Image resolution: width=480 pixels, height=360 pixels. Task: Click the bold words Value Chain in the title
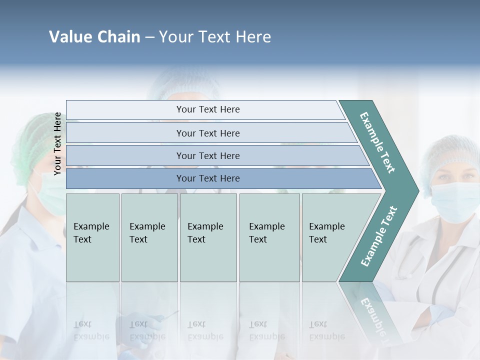point(94,37)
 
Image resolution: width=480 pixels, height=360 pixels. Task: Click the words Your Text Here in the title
point(215,37)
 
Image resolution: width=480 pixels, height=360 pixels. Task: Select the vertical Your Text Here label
point(57,143)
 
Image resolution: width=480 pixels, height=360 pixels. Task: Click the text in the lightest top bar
point(208,109)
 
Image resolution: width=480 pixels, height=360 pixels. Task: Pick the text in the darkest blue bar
point(208,178)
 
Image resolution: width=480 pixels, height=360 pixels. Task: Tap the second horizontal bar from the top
point(208,133)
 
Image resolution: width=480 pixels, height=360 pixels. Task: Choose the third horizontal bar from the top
point(208,156)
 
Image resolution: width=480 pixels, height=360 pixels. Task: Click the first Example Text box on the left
point(92,237)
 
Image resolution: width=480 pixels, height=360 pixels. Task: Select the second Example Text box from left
point(149,237)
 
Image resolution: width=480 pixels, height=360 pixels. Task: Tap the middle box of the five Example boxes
point(208,237)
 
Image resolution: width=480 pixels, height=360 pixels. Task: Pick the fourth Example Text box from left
point(269,237)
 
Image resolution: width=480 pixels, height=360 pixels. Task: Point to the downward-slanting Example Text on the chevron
point(377,142)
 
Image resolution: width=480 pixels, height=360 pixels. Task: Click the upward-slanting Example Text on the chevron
point(378,236)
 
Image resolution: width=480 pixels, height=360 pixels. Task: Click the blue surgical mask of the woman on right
point(454,201)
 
